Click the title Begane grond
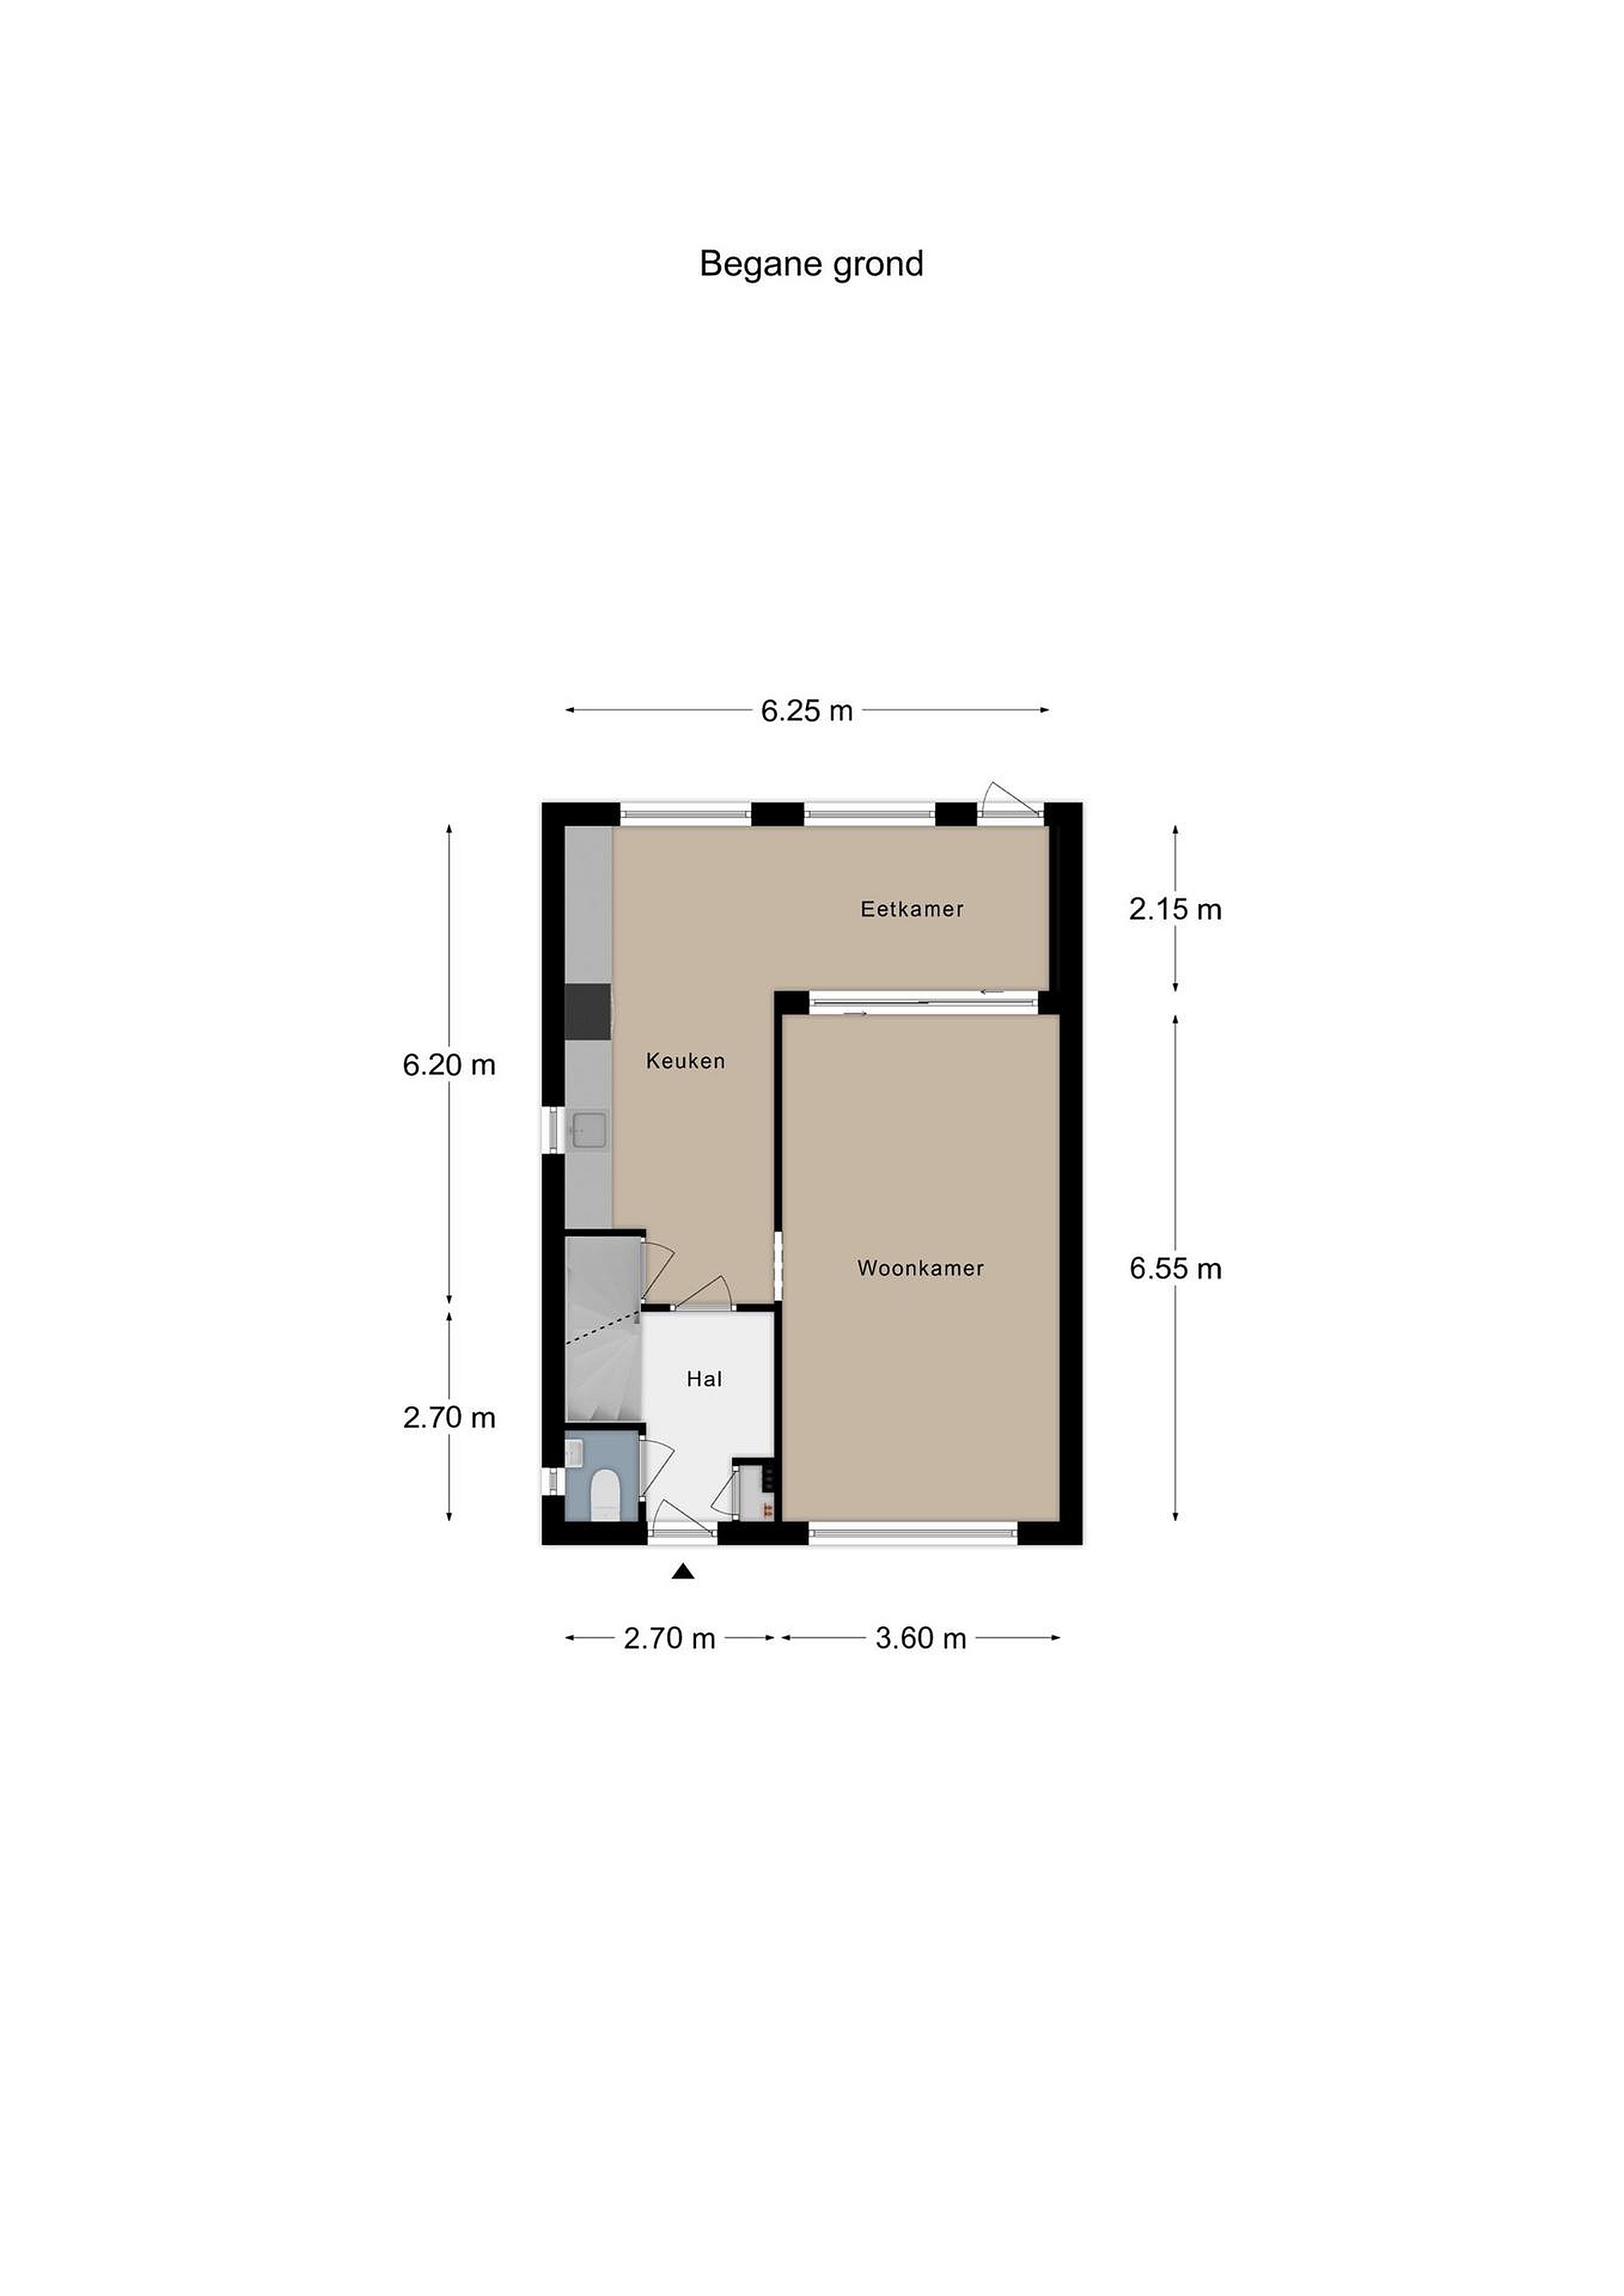[x=811, y=264]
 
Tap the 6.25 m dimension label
[x=807, y=710]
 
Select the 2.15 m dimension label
[x=1175, y=909]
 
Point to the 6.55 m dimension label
[x=1175, y=1268]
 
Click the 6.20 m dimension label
[x=449, y=1065]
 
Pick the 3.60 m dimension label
[x=920, y=1638]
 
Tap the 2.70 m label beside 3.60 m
[x=669, y=1638]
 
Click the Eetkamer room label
[x=912, y=909]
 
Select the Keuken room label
[x=685, y=1061]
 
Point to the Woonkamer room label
[x=920, y=1268]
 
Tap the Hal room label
[x=704, y=1379]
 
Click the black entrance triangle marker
[x=683, y=1572]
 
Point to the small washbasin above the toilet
[x=574, y=1452]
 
